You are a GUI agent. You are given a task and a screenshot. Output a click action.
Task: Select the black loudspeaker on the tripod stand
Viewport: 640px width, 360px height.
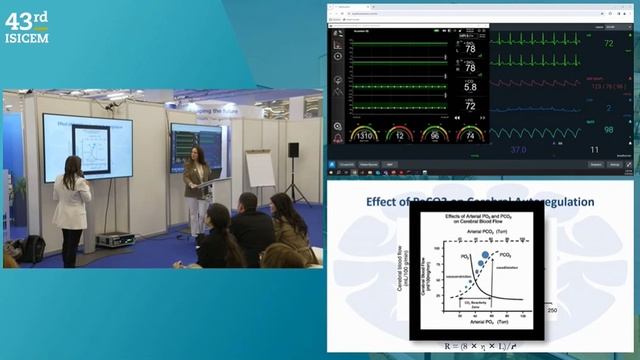tap(293, 150)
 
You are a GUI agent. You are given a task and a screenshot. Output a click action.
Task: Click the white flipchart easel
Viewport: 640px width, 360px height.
tap(261, 170)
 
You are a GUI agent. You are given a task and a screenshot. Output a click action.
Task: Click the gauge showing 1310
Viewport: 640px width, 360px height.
tap(366, 134)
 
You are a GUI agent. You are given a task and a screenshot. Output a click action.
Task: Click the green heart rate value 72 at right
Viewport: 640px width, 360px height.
tap(607, 44)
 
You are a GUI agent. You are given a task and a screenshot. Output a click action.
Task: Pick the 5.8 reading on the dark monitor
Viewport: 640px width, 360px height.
tap(470, 87)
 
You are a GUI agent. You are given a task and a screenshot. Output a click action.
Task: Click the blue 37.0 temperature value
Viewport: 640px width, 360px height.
tap(517, 149)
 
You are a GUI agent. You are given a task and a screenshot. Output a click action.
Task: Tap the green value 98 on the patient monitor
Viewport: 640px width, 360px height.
tap(607, 130)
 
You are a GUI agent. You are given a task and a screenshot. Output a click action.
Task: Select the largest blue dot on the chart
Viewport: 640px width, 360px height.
tap(484, 256)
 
